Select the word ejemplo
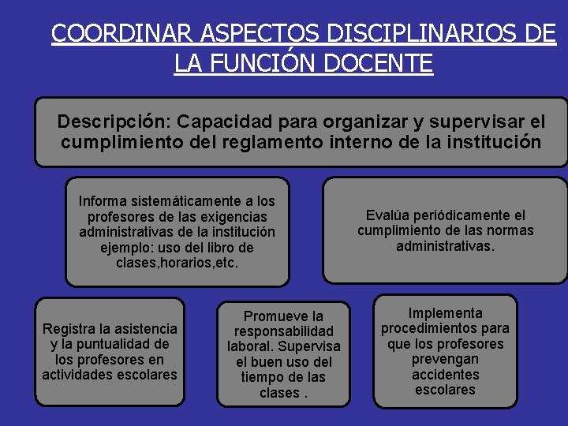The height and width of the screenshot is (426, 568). click(128, 247)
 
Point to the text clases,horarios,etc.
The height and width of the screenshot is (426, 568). click(177, 262)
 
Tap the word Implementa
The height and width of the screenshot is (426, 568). click(445, 312)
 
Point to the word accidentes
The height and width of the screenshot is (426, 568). click(445, 374)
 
